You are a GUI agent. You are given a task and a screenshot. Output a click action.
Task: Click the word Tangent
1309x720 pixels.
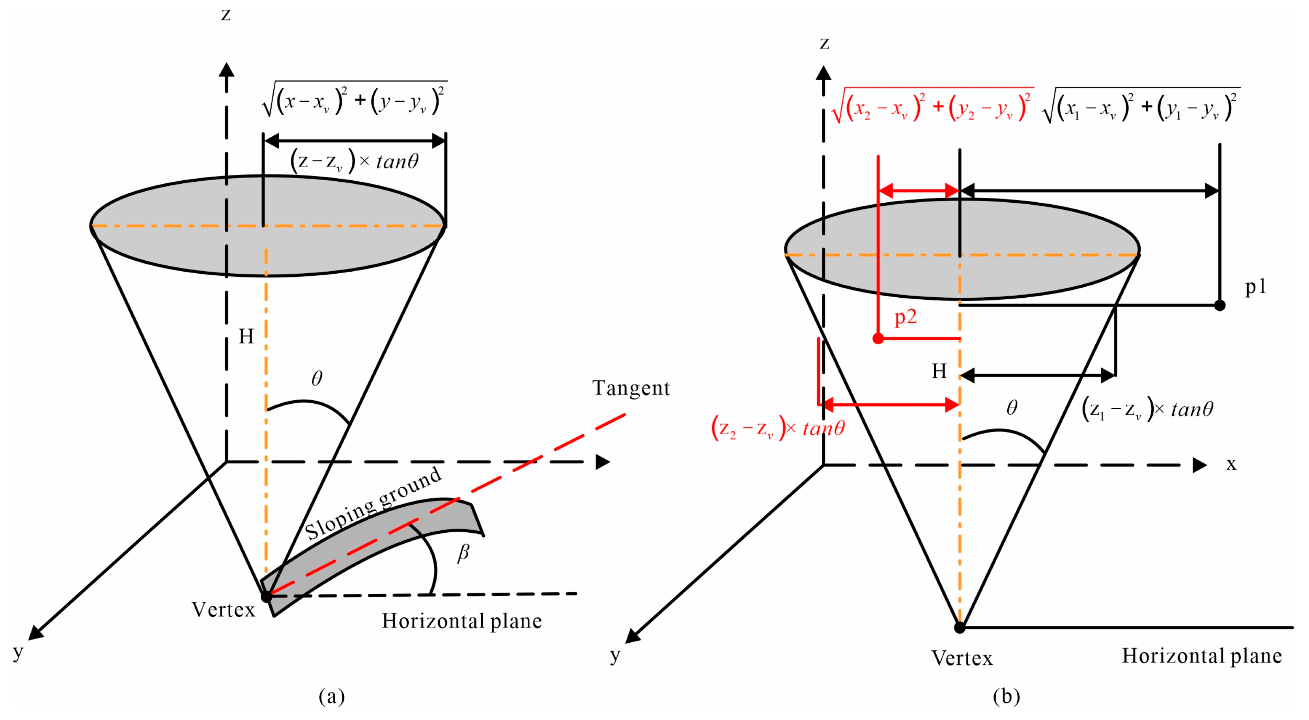click(631, 388)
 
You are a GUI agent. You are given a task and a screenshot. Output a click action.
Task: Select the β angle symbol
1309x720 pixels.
click(462, 552)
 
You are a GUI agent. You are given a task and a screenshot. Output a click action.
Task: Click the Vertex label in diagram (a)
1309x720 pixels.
click(223, 609)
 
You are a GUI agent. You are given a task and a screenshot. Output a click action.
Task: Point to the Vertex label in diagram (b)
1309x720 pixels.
click(962, 658)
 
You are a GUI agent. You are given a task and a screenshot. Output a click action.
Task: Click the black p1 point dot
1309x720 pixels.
click(1219, 305)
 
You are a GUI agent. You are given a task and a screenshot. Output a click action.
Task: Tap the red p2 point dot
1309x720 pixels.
click(878, 338)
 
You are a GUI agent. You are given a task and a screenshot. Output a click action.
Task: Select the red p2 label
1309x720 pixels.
click(905, 317)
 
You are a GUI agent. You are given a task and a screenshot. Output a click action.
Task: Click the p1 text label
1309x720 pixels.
click(1255, 287)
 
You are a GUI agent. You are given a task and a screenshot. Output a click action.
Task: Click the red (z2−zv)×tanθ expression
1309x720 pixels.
click(777, 428)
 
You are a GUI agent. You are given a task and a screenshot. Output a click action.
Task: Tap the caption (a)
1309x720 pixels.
click(331, 696)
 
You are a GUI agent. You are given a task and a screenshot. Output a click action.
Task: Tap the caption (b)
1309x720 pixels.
click(1006, 696)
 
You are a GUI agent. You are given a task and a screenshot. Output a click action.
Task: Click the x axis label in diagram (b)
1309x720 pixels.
click(1231, 464)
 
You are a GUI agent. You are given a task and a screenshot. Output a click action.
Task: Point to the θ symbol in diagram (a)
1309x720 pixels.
click(317, 378)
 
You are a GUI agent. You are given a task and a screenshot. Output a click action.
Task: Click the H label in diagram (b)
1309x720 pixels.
click(939, 371)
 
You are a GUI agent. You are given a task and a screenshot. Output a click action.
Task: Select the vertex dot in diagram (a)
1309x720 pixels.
click(266, 596)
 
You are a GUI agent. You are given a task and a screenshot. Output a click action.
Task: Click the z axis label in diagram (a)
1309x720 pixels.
click(226, 15)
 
